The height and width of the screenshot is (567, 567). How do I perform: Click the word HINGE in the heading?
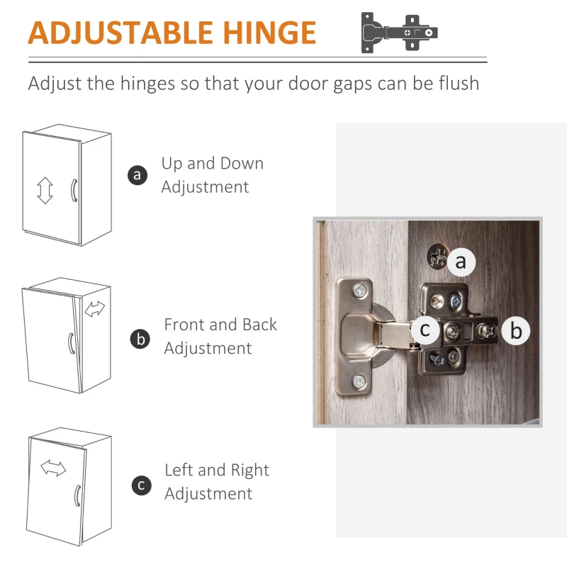[269, 33]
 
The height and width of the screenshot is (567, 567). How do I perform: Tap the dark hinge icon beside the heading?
[399, 33]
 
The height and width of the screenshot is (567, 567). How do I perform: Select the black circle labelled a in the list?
[137, 175]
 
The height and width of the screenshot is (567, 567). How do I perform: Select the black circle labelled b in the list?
[140, 339]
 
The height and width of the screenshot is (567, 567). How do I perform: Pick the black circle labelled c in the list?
[141, 485]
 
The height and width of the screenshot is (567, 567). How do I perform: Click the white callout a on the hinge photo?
[461, 262]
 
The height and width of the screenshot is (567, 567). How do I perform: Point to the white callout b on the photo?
[516, 330]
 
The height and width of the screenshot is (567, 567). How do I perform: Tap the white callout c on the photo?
[425, 330]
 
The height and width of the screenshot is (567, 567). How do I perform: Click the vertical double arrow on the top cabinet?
[45, 190]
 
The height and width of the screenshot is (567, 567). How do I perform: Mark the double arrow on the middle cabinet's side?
[95, 309]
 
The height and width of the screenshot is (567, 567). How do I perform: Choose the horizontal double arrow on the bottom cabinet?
[53, 468]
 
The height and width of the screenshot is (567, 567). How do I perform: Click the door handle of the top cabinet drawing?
[74, 190]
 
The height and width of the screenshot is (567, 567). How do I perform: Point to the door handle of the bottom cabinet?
[77, 495]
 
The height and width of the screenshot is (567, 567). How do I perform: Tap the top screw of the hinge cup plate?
[360, 291]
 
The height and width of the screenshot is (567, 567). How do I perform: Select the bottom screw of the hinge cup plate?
[359, 382]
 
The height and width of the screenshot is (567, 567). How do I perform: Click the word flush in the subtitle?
[459, 83]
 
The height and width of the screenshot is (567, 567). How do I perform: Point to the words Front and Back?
[220, 325]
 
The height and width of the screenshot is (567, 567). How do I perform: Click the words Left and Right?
[217, 470]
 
